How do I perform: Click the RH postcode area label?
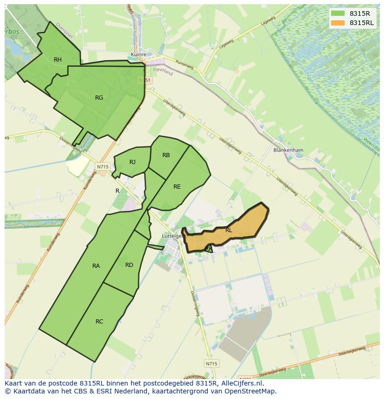58,59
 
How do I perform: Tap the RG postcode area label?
99,97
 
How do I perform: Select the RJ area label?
132,162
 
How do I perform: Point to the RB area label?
166,155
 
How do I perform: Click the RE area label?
177,186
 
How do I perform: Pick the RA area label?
96,266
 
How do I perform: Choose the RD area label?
129,265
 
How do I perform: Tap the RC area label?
99,321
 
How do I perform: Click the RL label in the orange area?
229,230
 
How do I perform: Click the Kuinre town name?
138,54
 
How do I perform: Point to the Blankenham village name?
288,150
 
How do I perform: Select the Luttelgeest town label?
173,236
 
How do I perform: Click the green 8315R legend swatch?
338,13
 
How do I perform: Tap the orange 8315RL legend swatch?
338,23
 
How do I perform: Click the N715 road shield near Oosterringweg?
102,166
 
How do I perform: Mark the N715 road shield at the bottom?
211,364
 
